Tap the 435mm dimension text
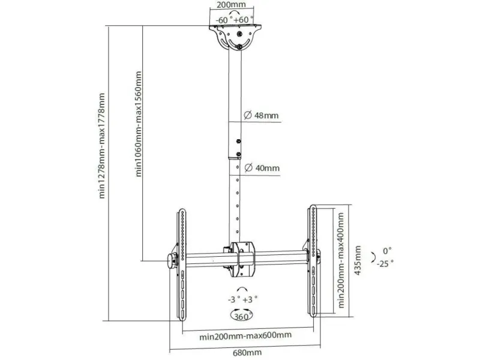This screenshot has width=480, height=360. [358, 260]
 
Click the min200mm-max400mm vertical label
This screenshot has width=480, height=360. [340, 258]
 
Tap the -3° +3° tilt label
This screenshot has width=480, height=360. [242, 298]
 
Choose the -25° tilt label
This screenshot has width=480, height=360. [385, 263]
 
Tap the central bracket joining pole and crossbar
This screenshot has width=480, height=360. [239, 259]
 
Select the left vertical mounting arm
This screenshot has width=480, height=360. [181, 264]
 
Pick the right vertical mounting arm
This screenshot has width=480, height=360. [312, 262]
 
